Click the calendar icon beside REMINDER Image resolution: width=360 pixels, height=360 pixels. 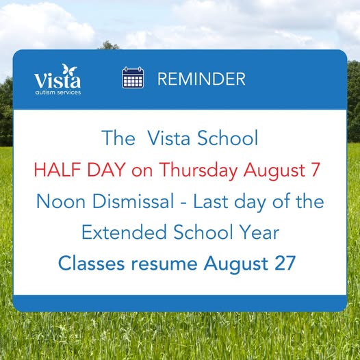(x=133, y=77)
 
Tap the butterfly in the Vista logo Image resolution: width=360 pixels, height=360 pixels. (x=69, y=69)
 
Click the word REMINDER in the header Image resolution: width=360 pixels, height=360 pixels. (x=201, y=79)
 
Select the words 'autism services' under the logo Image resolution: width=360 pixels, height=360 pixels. (x=58, y=92)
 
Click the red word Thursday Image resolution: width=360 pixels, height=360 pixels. (x=198, y=170)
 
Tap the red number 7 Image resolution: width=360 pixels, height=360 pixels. (x=316, y=170)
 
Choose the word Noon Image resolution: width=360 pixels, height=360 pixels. (x=61, y=201)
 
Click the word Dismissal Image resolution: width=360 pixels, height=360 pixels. (x=133, y=201)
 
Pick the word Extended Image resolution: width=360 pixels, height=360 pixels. (x=124, y=232)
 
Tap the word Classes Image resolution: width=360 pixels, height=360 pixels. (x=92, y=263)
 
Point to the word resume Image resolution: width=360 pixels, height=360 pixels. (x=164, y=264)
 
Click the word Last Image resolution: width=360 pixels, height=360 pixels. (x=211, y=201)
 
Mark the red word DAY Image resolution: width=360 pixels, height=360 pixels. (x=106, y=170)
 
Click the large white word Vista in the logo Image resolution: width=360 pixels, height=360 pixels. (x=57, y=80)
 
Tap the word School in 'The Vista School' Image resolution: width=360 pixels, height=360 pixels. (x=227, y=138)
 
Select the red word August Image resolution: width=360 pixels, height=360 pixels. (x=274, y=171)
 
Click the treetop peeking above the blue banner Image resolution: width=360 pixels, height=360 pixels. (x=108, y=45)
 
